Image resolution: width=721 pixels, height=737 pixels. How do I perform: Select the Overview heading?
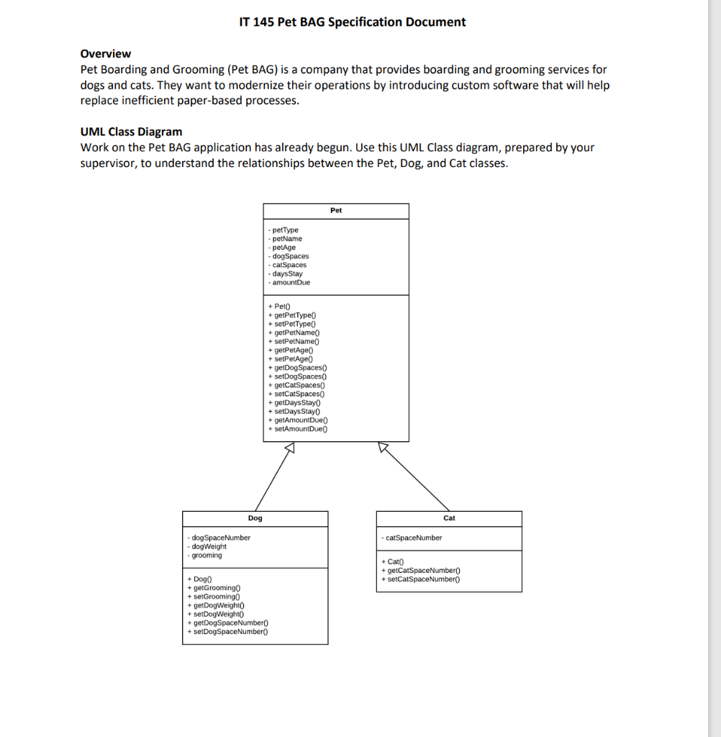106,54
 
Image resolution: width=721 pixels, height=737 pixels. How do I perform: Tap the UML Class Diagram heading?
131,132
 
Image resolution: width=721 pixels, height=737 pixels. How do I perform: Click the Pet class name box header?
336,211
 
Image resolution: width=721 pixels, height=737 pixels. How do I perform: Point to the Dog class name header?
255,518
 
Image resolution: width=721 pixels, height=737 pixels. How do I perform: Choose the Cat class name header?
449,518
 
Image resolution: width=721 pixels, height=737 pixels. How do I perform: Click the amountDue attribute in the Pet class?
289,283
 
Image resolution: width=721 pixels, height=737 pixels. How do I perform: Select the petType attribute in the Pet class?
284,230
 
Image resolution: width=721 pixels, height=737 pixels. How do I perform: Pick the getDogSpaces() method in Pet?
297,368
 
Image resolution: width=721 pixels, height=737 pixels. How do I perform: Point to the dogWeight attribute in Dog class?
207,547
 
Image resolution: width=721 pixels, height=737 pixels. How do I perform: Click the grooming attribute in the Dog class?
205,556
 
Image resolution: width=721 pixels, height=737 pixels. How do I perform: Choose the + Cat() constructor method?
393,561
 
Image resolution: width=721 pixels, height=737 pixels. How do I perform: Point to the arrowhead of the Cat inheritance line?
384,448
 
